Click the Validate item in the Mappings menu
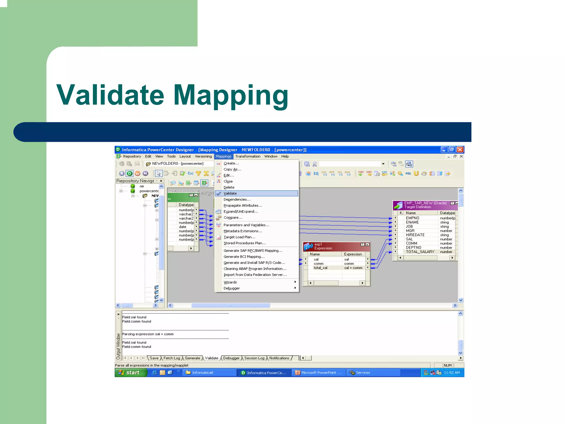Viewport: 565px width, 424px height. click(230, 193)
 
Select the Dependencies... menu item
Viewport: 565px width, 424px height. click(237, 199)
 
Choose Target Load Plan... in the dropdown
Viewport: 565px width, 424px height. click(239, 237)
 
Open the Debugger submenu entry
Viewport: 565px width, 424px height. click(231, 288)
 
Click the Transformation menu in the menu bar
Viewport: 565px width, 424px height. click(247, 156)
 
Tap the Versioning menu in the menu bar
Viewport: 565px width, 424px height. click(203, 156)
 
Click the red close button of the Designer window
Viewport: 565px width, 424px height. click(460, 150)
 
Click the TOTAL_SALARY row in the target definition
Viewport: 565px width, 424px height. click(420, 252)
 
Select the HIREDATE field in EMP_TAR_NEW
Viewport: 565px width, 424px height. click(415, 235)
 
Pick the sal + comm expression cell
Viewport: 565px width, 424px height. click(353, 268)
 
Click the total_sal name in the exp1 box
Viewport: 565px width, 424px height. click(320, 268)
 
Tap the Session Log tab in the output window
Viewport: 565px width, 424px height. click(254, 358)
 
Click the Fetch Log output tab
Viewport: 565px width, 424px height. click(172, 358)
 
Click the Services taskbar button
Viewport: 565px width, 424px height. click(363, 373)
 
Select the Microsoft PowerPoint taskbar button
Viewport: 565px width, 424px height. click(321, 373)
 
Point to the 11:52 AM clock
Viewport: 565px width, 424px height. click(452, 373)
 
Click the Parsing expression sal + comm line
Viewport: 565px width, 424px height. click(148, 334)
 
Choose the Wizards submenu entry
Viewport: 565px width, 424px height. click(230, 282)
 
